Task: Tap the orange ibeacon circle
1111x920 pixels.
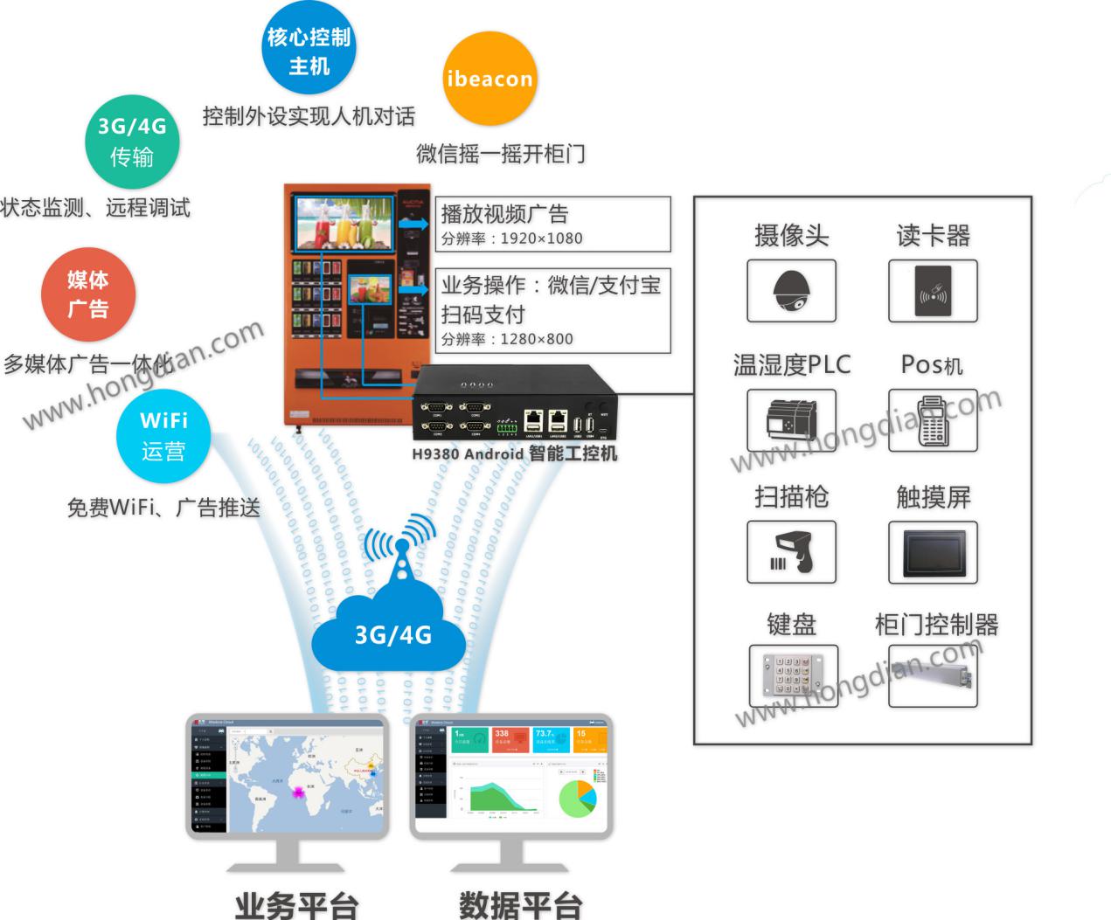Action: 489,80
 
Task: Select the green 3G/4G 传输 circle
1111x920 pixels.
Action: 132,142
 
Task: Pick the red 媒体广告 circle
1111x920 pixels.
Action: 88,294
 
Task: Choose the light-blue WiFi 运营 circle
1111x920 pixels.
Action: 163,436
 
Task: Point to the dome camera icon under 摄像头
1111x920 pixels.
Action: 791,291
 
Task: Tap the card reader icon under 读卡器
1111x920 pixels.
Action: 933,291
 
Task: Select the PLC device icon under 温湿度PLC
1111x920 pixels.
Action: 791,420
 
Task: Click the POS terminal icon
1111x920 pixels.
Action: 933,420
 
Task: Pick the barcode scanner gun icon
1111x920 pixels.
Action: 791,552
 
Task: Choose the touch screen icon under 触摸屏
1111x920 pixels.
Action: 933,552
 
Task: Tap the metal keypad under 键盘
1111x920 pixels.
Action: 793,674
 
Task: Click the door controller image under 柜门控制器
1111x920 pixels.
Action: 933,674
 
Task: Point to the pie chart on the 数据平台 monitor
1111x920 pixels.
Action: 576,798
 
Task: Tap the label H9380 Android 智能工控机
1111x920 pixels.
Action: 514,453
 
